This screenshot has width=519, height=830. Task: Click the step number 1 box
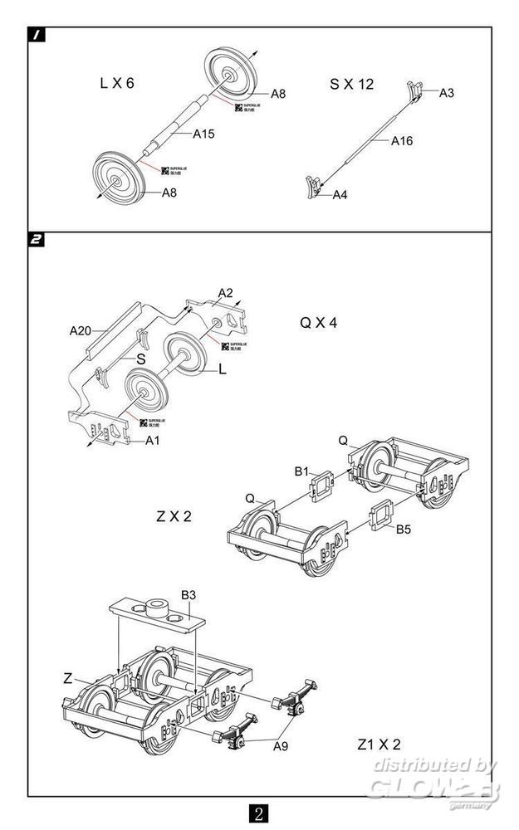(x=37, y=35)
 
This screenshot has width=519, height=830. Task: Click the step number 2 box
(x=37, y=241)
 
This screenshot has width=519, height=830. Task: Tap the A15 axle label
(x=204, y=134)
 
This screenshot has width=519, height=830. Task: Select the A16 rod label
(x=402, y=141)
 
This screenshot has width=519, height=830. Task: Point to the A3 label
(x=447, y=92)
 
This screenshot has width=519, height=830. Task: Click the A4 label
(x=340, y=195)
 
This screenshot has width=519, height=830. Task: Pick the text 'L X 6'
(x=116, y=84)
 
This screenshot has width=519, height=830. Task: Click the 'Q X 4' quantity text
(x=319, y=323)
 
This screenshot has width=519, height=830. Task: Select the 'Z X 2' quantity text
(x=174, y=516)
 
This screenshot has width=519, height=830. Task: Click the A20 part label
(x=80, y=330)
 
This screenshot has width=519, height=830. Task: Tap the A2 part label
(x=225, y=293)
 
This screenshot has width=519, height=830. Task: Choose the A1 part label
(x=152, y=441)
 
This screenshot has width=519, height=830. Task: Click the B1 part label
(x=301, y=471)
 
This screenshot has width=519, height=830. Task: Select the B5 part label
(x=404, y=529)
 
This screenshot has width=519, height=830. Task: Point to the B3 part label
(x=189, y=595)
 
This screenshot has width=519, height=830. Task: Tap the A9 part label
(x=282, y=746)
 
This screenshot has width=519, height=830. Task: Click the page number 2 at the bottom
(x=259, y=812)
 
